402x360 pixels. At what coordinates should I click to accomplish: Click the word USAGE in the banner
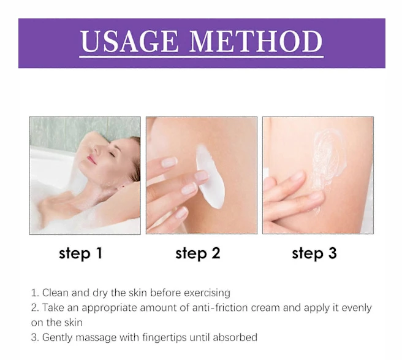[x=129, y=41]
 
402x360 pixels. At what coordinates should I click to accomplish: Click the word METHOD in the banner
[x=256, y=41]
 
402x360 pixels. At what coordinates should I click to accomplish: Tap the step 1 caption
[x=81, y=253]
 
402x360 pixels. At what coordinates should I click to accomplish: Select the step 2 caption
[x=198, y=253]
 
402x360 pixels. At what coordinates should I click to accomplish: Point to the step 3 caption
[x=314, y=253]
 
